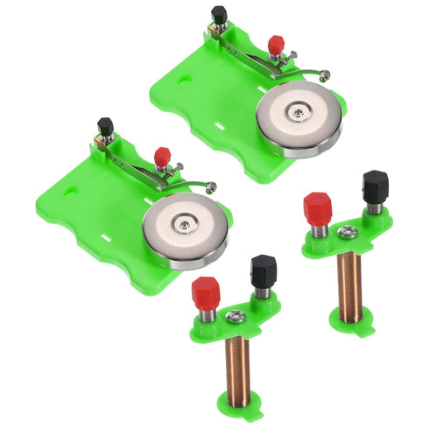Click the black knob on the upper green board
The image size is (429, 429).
point(219,15)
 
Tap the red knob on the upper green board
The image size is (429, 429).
point(277,43)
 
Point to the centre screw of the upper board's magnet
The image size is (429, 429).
point(299,112)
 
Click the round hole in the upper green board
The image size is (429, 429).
point(184,78)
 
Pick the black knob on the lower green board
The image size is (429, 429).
point(105,126)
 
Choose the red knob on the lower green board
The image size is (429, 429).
point(162,156)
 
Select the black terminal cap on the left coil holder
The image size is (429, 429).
point(263,270)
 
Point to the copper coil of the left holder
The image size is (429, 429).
point(237,368)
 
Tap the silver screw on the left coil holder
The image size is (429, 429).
point(235,315)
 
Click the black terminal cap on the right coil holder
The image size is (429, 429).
point(375,186)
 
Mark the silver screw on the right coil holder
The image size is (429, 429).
point(347,232)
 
